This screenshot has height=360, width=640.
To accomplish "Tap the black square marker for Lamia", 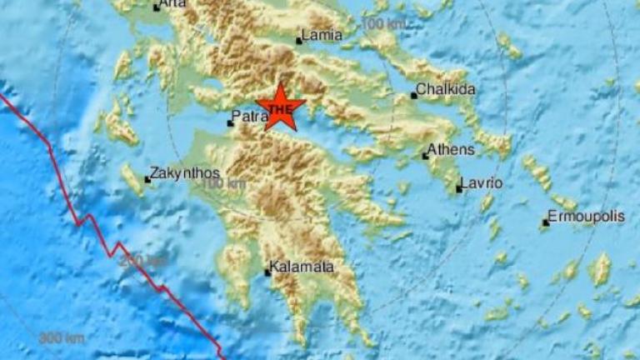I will pyautogui.click(x=300, y=40).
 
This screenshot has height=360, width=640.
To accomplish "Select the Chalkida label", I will pyautogui.click(x=445, y=90).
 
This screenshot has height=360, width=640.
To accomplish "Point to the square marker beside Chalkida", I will pyautogui.click(x=414, y=96).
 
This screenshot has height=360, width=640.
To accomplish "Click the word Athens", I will pyautogui.click(x=451, y=150).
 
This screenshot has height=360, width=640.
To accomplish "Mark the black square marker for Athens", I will pyautogui.click(x=425, y=155).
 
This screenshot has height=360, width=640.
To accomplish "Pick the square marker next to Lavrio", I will pyautogui.click(x=459, y=189).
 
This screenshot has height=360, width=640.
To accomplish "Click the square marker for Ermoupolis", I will pyautogui.click(x=546, y=222).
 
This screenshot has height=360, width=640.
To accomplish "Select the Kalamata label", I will pyautogui.click(x=303, y=267).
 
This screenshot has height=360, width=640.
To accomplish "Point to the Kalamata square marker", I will pyautogui.click(x=268, y=272).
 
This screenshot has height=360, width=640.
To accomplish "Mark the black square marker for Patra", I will pyautogui.click(x=231, y=123).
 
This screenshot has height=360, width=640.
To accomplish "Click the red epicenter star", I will pyautogui.click(x=281, y=107).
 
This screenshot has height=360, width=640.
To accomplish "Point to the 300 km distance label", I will pyautogui.click(x=60, y=337).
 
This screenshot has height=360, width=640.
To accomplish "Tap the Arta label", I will pyautogui.click(x=173, y=4).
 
